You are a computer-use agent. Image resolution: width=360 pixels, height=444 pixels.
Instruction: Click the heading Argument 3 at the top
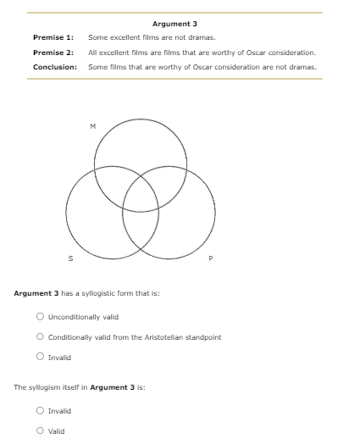pyautogui.click(x=174, y=24)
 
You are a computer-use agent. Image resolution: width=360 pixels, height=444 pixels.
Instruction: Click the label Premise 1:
pyautogui.click(x=53, y=37)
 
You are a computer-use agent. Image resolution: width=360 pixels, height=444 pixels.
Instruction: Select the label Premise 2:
pyautogui.click(x=53, y=53)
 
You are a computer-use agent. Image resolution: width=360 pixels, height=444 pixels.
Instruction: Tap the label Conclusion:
pyautogui.click(x=55, y=67)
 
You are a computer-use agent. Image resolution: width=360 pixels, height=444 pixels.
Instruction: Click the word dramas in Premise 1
pyautogui.click(x=202, y=37)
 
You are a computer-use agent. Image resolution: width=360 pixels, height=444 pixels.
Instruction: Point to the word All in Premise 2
pyautogui.click(x=92, y=53)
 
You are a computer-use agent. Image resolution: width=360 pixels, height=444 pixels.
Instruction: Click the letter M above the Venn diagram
pyautogui.click(x=92, y=128)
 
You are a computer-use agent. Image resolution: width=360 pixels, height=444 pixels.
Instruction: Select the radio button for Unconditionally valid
pyautogui.click(x=40, y=317)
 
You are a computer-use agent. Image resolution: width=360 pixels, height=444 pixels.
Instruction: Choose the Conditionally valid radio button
pyautogui.click(x=40, y=336)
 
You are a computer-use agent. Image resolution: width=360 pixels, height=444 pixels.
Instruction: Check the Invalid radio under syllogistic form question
pyautogui.click(x=40, y=356)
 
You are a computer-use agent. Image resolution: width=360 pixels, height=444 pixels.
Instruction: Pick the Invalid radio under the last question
pyautogui.click(x=40, y=410)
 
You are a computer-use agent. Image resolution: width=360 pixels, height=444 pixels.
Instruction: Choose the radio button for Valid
pyautogui.click(x=40, y=430)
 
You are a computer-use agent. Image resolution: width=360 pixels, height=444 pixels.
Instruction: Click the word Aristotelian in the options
pyautogui.click(x=172, y=337)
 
